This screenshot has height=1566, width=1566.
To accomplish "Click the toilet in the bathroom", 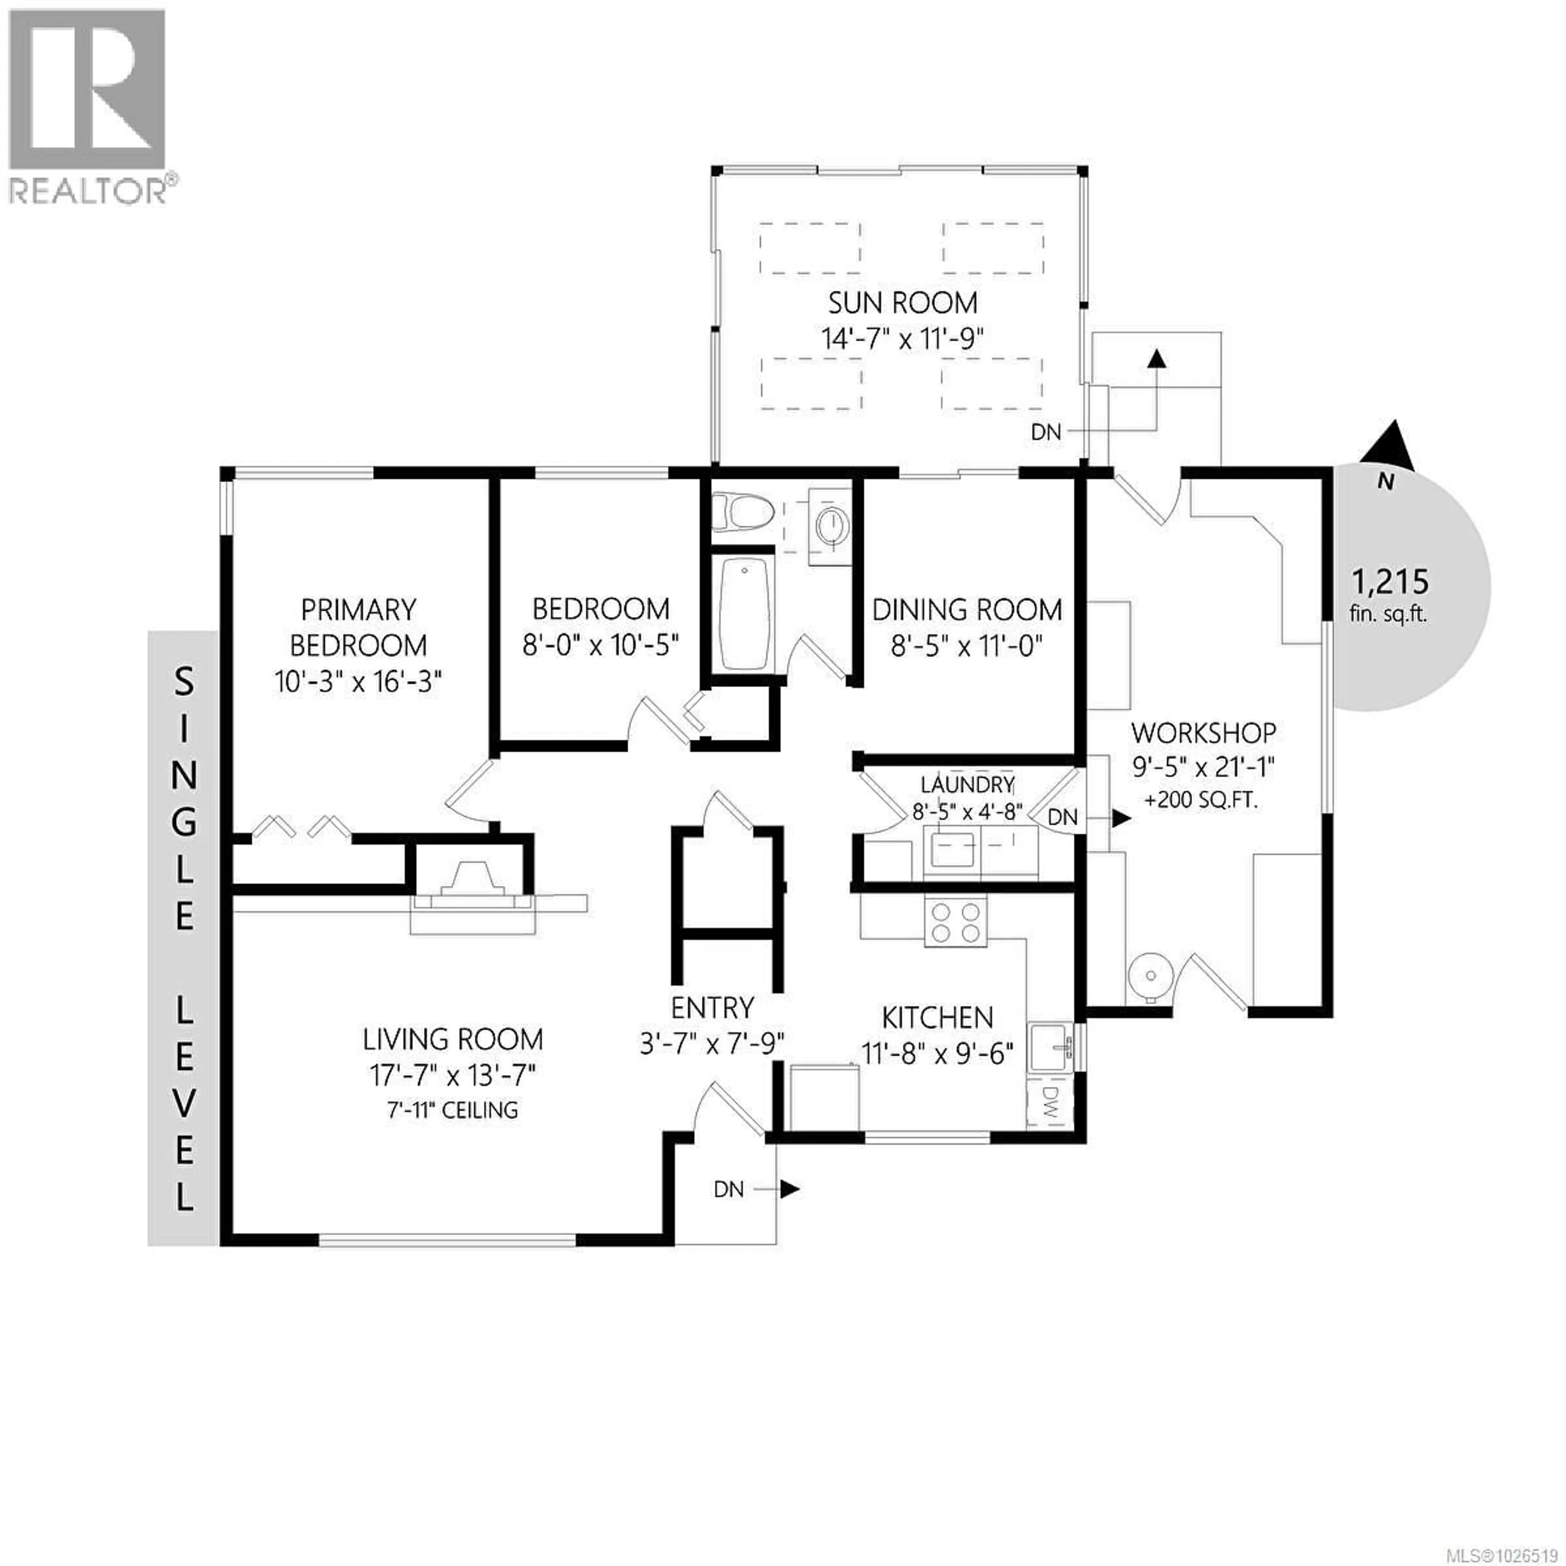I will pos(742,512).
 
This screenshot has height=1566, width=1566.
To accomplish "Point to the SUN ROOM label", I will pos(902,303).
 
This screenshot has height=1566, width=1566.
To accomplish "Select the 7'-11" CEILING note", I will pos(452,1110).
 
